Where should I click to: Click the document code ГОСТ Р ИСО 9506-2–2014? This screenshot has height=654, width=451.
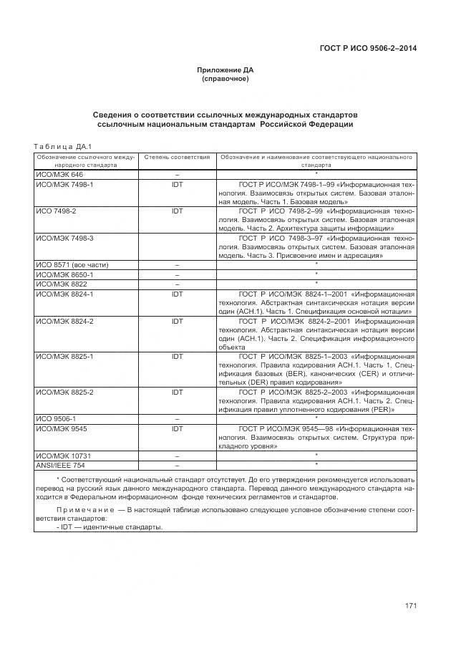tap(368, 48)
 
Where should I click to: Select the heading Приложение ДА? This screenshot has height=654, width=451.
tap(225, 70)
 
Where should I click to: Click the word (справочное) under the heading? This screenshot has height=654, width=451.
tap(225, 79)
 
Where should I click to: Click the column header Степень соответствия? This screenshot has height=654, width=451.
tap(177, 156)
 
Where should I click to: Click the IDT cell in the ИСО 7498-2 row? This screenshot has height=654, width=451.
tap(177, 211)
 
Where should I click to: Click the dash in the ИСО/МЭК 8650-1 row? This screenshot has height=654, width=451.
tap(177, 274)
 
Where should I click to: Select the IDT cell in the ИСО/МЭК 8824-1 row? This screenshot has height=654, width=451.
tap(177, 294)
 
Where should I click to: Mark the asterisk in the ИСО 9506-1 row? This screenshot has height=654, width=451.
tap(316, 418)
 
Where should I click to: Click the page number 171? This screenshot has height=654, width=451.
tap(410, 606)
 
